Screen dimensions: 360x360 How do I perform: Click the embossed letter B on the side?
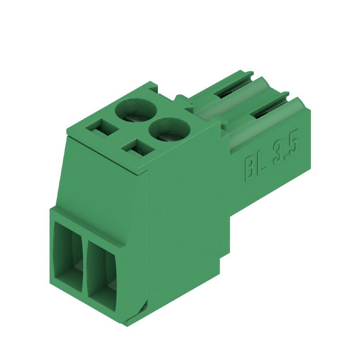[x=249, y=168]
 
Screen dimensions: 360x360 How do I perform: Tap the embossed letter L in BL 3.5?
[x=261, y=162]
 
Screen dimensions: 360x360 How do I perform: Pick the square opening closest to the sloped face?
[x=137, y=147]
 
